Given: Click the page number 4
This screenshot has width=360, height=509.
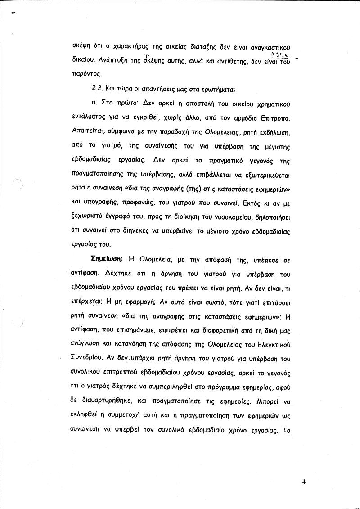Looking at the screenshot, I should pyautogui.click(x=304, y=482).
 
